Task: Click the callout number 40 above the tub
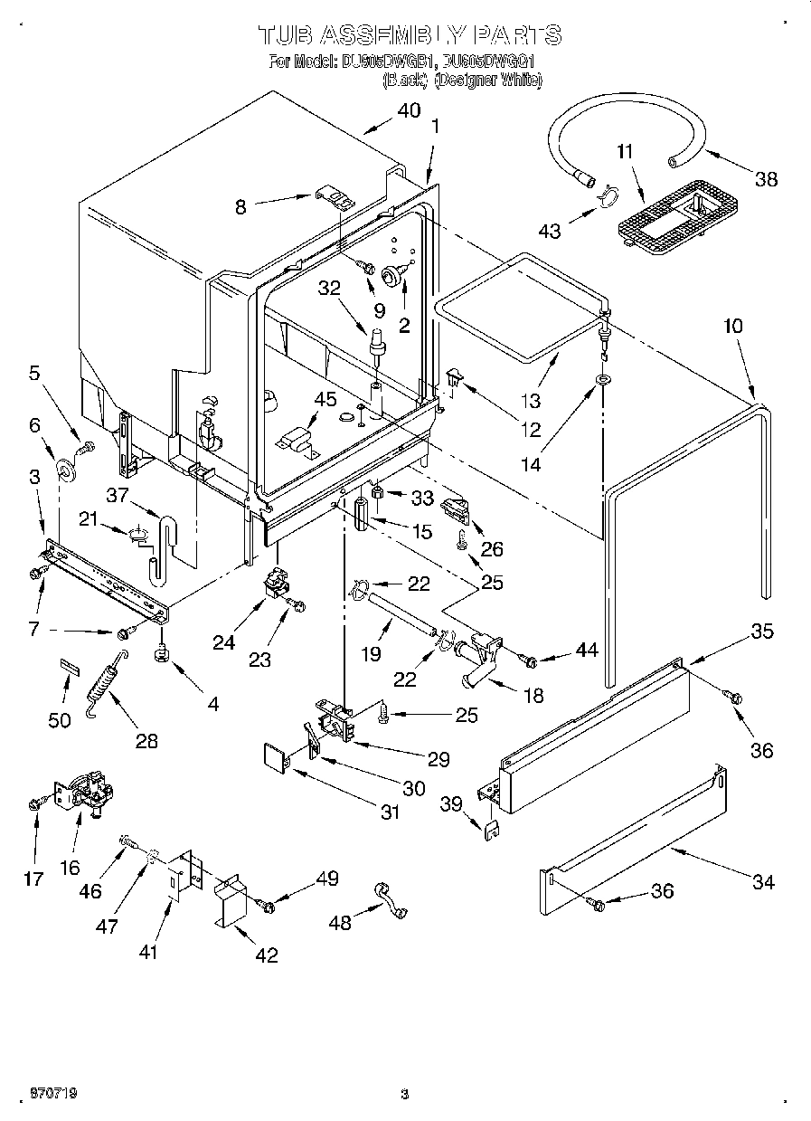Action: [x=409, y=111]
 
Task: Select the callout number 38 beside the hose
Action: [x=765, y=179]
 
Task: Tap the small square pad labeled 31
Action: [x=274, y=755]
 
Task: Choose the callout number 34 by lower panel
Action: [x=763, y=881]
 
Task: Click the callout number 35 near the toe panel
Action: [x=762, y=632]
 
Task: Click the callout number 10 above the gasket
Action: [x=732, y=325]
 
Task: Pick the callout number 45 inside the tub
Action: [x=324, y=399]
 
